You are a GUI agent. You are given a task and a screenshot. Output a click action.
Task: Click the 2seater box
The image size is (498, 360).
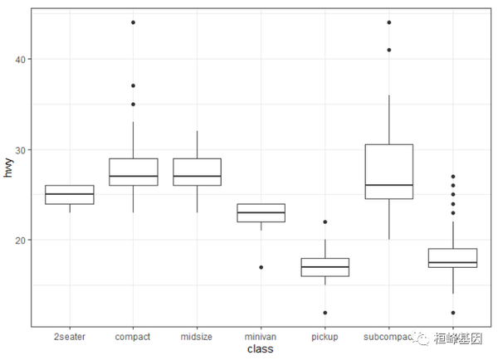(69, 195)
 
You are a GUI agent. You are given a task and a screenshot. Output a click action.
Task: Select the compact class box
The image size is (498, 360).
(133, 172)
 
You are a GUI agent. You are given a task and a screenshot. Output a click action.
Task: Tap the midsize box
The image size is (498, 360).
(197, 172)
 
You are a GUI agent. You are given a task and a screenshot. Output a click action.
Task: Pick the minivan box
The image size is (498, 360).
(261, 212)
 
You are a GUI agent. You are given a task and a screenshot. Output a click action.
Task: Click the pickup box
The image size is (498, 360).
(325, 267)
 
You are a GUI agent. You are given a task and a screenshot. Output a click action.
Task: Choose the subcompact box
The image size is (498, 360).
(388, 172)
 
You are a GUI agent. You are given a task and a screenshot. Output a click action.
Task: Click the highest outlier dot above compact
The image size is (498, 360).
(133, 22)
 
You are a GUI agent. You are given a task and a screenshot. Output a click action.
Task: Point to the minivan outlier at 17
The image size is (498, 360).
(261, 267)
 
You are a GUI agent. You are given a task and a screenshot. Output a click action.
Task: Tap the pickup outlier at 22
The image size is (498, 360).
(325, 221)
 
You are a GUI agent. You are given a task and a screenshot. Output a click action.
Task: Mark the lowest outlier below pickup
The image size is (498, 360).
(325, 313)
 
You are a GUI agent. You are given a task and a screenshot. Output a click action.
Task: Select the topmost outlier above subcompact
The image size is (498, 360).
(388, 22)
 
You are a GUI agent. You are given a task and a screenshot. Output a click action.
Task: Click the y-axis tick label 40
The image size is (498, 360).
(19, 59)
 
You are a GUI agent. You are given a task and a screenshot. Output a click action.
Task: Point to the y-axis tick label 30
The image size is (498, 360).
(19, 149)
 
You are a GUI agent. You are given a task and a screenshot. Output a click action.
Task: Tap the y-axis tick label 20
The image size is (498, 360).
(19, 240)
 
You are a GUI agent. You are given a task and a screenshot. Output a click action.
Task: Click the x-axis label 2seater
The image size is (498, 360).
(69, 337)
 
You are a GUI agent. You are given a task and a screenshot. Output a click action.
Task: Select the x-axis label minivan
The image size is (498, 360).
(261, 337)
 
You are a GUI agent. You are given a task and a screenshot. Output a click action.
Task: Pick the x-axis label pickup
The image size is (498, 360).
(325, 337)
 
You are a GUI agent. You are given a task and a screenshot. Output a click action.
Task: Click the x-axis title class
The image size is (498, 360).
(261, 350)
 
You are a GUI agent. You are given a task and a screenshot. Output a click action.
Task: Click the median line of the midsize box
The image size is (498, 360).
(197, 177)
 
